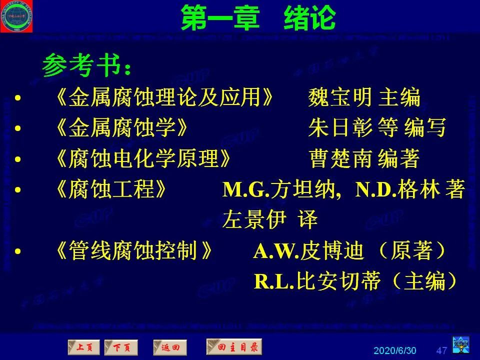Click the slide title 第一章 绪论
click(x=257, y=18)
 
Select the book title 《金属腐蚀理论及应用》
click(x=165, y=97)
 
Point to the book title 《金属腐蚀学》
click(x=122, y=128)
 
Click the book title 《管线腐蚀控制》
click(x=137, y=251)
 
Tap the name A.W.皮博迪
click(x=308, y=251)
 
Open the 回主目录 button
click(x=233, y=346)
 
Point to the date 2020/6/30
click(x=395, y=349)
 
